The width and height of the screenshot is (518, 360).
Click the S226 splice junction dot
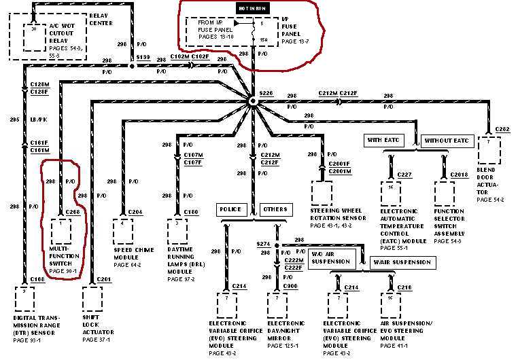click(x=252, y=101)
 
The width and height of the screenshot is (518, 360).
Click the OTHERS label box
click(x=275, y=210)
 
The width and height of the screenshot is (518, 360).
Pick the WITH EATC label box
click(x=385, y=141)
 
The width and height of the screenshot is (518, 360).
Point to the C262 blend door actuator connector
click(x=489, y=148)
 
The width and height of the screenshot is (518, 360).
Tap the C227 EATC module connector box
click(x=390, y=194)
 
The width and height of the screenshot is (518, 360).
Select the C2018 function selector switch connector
click(x=444, y=194)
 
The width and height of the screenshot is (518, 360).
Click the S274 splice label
click(x=262, y=243)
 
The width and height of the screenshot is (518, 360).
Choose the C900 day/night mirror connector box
click(x=277, y=306)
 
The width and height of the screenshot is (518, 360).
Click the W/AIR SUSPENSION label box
click(x=401, y=262)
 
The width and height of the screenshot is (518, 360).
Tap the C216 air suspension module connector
click(x=388, y=308)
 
